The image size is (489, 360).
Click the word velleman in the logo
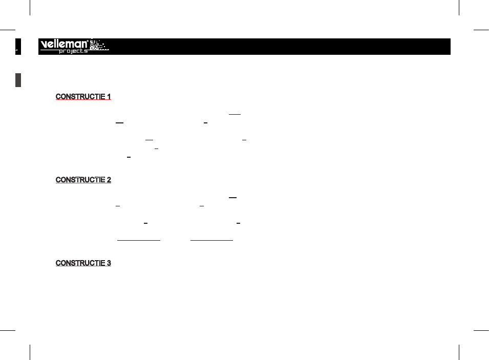[x=64, y=44]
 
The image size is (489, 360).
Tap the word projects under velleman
[x=73, y=51]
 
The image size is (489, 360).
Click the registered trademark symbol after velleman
[x=88, y=40]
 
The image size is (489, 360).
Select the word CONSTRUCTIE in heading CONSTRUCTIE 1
[x=80, y=97]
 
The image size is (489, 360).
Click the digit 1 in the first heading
[x=109, y=97]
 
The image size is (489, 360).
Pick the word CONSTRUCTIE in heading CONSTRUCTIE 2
[x=80, y=180]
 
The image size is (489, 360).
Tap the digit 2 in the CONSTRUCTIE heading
[x=109, y=180]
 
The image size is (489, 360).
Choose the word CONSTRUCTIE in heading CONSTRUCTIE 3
[x=80, y=263]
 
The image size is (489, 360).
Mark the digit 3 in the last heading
[x=109, y=263]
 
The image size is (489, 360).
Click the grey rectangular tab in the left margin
[x=18, y=80]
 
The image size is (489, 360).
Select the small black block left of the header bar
[x=18, y=47]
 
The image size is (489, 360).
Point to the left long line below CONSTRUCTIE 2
[x=139, y=240]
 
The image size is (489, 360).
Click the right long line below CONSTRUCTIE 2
[x=212, y=240]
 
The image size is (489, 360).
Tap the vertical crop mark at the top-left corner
[x=30, y=8]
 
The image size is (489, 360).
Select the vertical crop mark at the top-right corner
[x=459, y=8]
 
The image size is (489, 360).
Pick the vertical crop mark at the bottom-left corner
[x=30, y=352]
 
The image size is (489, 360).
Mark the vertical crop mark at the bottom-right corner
[x=459, y=352]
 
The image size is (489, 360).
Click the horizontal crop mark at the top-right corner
[x=481, y=30]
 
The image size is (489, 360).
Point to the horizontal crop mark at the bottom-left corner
[x=8, y=330]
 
